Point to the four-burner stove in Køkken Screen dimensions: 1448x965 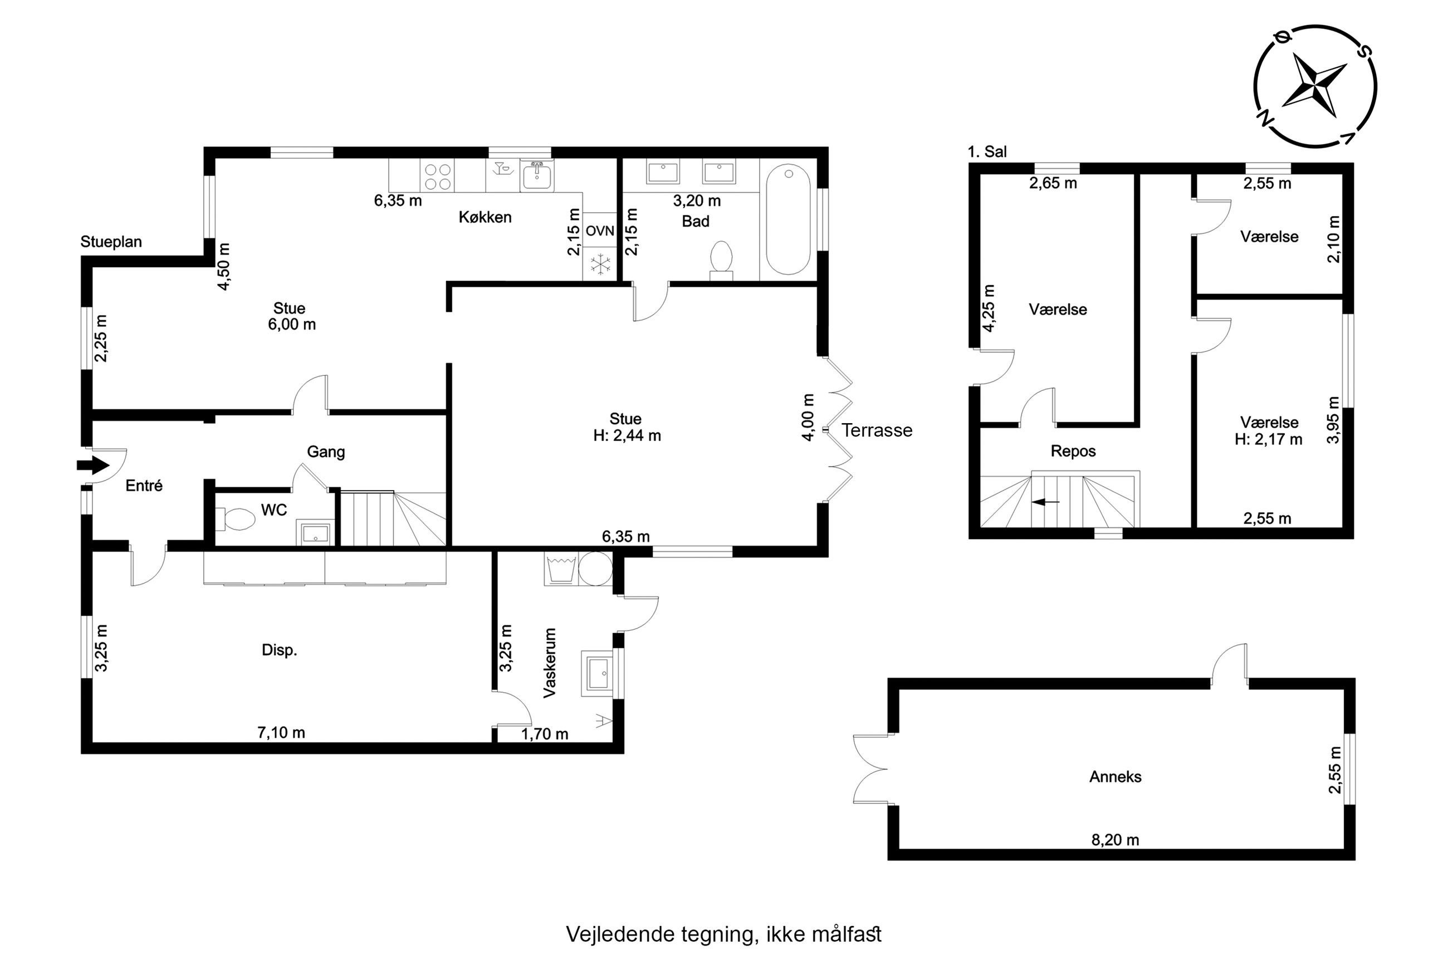tap(438, 176)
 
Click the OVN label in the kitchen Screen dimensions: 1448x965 tap(599, 231)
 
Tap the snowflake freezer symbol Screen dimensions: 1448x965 tap(599, 264)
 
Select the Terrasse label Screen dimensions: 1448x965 tap(877, 430)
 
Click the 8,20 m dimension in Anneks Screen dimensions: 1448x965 tap(1115, 840)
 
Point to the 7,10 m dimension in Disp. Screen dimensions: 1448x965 tap(281, 732)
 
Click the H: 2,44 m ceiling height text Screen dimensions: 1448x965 tap(627, 436)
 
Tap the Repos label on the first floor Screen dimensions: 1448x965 tap(1073, 451)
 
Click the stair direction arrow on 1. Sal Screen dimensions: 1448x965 tap(1045, 502)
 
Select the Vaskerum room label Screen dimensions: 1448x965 tap(550, 662)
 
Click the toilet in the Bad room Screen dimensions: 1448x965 tap(721, 259)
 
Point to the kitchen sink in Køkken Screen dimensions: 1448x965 tap(538, 176)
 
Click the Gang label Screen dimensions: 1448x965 tap(326, 452)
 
